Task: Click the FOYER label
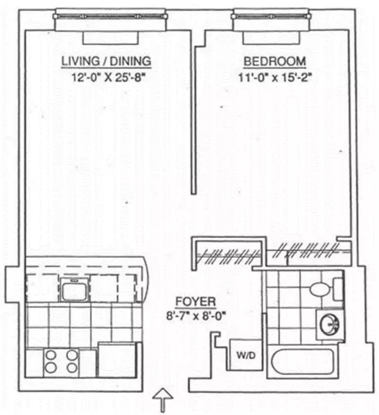click(195, 302)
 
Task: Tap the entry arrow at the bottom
click(161, 399)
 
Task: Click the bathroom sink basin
click(328, 322)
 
